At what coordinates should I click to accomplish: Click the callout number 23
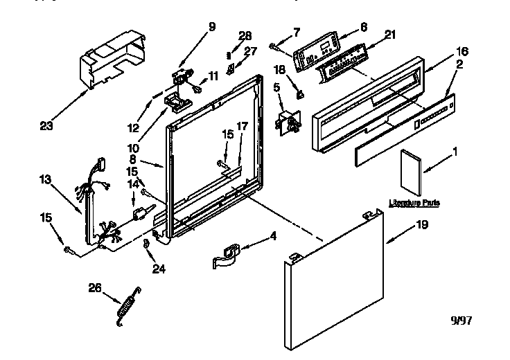click(47, 127)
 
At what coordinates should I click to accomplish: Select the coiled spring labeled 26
click(127, 303)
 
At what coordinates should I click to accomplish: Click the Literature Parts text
click(414, 203)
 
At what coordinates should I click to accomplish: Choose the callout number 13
click(46, 179)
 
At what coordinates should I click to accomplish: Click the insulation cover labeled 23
click(112, 64)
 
